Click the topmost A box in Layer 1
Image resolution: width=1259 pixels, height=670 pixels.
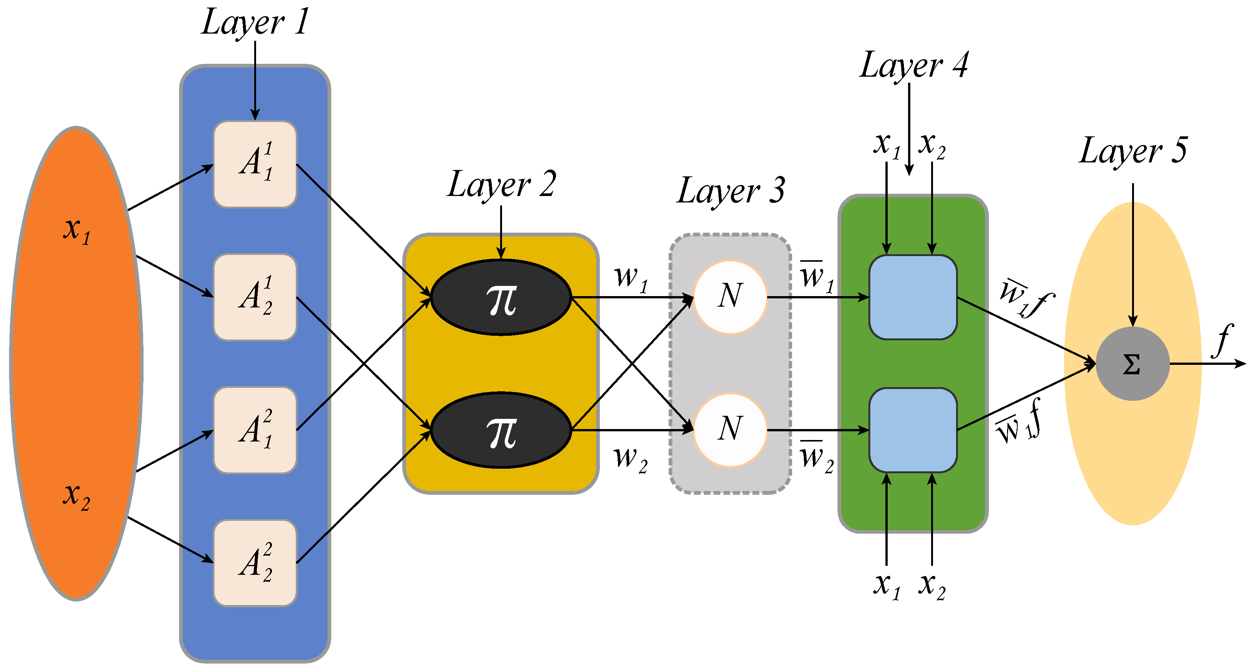(x=255, y=164)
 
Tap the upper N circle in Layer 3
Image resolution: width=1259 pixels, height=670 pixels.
(x=730, y=296)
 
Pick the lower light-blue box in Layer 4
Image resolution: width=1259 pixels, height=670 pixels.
(x=913, y=430)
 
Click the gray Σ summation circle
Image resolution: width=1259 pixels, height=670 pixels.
(x=1132, y=364)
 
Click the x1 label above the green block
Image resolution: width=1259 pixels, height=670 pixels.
(x=886, y=146)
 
